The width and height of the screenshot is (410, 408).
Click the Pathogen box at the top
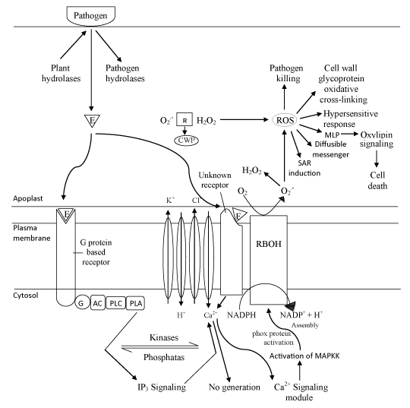point(91,16)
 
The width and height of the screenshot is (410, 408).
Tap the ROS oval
point(285,120)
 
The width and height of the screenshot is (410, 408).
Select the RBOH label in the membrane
point(269,244)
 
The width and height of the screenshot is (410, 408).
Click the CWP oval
point(187,141)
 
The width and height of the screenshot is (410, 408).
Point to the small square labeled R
point(184,119)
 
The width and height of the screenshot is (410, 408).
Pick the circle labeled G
point(82,303)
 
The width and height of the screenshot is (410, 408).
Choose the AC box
point(98,303)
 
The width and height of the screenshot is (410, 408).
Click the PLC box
point(116,303)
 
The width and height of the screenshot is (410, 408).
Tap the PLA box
point(135,303)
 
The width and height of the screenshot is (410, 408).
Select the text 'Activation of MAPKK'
point(304,356)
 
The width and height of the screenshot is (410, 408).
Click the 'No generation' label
point(235,387)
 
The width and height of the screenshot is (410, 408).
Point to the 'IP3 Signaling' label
point(162,387)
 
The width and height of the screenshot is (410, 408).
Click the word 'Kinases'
point(164,337)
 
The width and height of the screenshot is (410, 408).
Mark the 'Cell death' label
point(377,180)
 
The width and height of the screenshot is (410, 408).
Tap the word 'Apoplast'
point(28,198)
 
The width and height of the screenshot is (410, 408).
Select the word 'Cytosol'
point(26,296)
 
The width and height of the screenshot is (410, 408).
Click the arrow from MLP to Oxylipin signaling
point(349,134)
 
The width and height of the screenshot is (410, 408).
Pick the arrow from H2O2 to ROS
point(244,119)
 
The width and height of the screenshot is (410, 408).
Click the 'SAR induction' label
point(304,168)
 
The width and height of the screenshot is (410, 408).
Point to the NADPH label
point(241,315)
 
